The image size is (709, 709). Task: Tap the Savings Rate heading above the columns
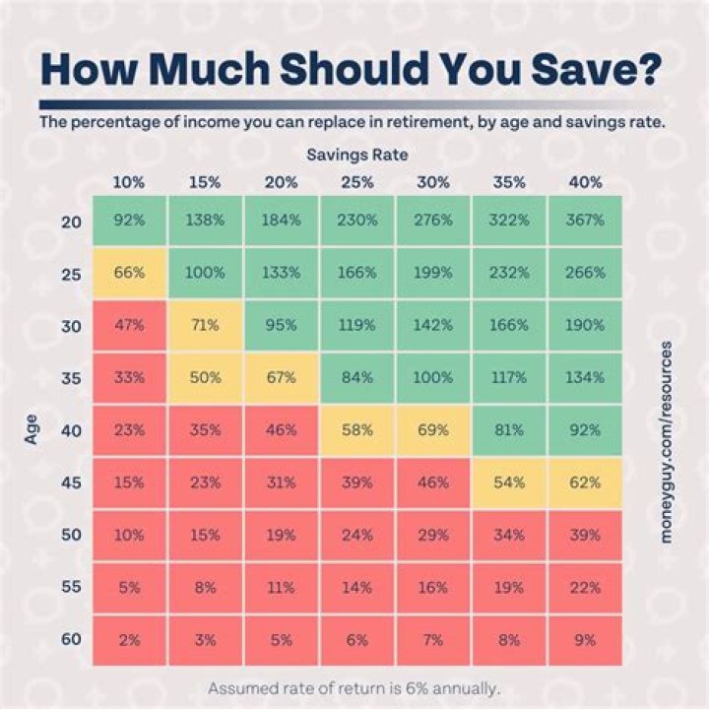pyautogui.click(x=355, y=155)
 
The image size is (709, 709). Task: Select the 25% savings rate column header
pyautogui.click(x=356, y=182)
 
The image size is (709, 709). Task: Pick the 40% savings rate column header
pyautogui.click(x=586, y=182)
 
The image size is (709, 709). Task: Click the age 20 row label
pyautogui.click(x=71, y=221)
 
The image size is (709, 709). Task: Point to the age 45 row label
pyautogui.click(x=71, y=482)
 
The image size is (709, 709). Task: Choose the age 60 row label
pyautogui.click(x=71, y=639)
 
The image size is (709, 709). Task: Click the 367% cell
pyautogui.click(x=586, y=221)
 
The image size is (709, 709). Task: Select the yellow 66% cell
pyautogui.click(x=129, y=273)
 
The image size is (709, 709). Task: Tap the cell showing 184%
pyautogui.click(x=281, y=221)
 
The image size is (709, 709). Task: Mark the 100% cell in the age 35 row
pyautogui.click(x=433, y=377)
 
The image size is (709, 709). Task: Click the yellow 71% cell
pyautogui.click(x=205, y=325)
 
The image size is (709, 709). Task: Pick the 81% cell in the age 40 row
pyautogui.click(x=509, y=429)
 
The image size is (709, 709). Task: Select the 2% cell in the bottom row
pyautogui.click(x=129, y=639)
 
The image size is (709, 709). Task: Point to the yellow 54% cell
pyautogui.click(x=509, y=482)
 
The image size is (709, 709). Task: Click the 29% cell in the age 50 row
pyautogui.click(x=433, y=535)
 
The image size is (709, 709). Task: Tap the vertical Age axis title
pyautogui.click(x=31, y=429)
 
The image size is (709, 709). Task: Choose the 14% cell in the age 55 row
pyautogui.click(x=356, y=587)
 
